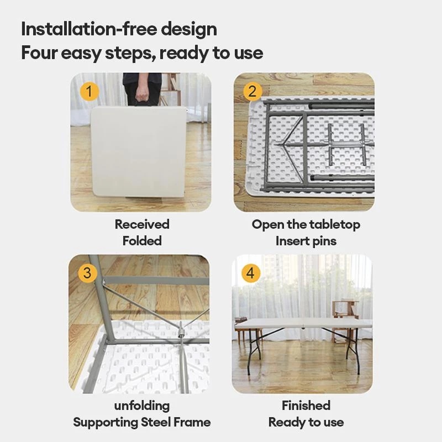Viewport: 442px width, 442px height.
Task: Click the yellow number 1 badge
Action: [89, 91]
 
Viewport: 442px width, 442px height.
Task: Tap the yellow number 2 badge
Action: [252, 91]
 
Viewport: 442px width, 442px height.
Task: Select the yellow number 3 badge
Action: [87, 273]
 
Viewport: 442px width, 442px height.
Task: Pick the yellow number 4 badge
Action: [251, 273]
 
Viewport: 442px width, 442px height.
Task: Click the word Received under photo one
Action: [142, 224]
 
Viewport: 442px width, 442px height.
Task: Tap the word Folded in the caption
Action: [142, 241]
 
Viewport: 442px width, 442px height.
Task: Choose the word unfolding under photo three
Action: [142, 406]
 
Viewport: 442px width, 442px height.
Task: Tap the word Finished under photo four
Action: [306, 406]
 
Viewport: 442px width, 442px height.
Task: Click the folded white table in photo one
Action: [138, 152]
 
